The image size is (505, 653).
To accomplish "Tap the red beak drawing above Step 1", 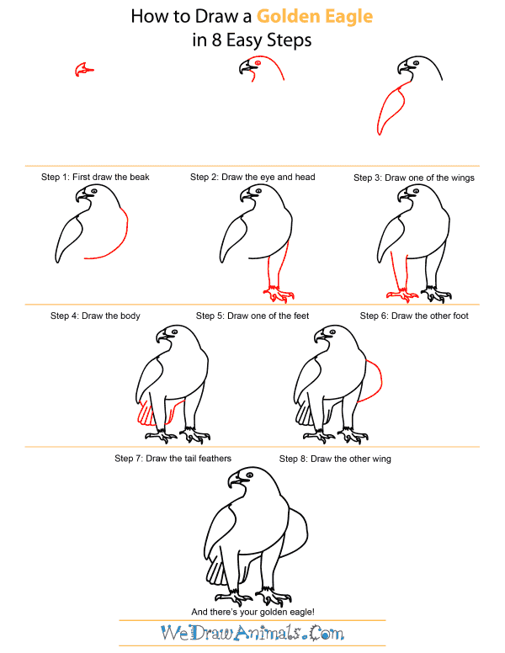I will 81,71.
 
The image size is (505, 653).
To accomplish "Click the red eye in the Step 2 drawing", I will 258,63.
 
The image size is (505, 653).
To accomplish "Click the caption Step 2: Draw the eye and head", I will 252,178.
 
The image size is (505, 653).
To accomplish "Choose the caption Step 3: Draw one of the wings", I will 413,178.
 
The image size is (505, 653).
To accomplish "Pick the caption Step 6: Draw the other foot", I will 414,316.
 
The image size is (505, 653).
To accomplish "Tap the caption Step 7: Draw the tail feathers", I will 173,459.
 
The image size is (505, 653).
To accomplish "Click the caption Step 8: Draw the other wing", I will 335,459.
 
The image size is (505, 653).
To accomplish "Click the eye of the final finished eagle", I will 247,477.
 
